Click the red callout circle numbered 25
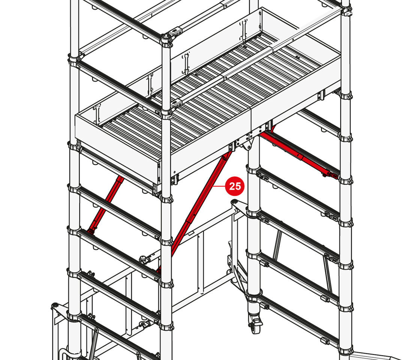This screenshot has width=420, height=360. click(x=235, y=186)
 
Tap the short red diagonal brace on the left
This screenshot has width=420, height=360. click(x=105, y=205)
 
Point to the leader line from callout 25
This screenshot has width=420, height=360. click(x=219, y=186)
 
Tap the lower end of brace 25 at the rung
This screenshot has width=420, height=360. click(x=159, y=270)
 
